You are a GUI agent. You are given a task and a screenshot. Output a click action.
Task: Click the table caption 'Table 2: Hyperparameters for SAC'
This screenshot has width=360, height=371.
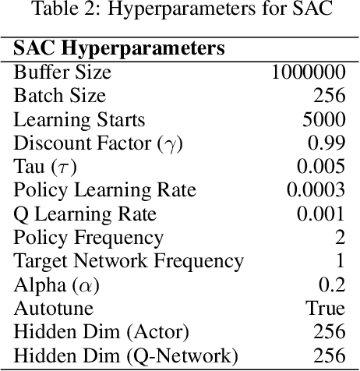click(180, 10)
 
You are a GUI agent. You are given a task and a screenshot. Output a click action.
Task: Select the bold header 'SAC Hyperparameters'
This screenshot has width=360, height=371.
click(119, 48)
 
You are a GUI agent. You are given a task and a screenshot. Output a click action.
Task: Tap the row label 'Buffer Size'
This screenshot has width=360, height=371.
click(62, 72)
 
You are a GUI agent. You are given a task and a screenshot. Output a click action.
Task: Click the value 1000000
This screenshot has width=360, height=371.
click(307, 72)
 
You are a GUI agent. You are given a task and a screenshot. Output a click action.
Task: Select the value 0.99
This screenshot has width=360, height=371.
click(326, 143)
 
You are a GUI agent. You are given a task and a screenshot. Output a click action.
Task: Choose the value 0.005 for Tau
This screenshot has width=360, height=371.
click(320, 167)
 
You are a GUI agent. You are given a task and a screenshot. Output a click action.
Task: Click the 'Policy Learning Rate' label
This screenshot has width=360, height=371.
click(105, 190)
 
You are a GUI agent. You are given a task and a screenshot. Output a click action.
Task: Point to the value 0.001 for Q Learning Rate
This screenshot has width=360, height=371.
click(320, 214)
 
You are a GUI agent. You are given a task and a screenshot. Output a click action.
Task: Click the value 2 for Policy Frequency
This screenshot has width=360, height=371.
click(339, 238)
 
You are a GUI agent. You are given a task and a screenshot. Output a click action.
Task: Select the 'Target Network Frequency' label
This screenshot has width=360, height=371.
click(129, 261)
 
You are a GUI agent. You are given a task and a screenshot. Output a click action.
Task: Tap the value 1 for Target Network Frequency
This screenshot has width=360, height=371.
click(339, 261)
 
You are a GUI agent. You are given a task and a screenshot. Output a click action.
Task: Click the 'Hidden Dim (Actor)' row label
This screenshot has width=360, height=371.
click(101, 332)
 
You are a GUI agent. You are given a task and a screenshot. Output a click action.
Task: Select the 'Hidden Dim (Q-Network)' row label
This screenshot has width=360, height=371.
click(122, 355)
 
